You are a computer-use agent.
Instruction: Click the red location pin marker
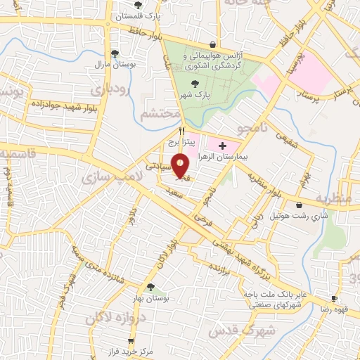pos(181,166)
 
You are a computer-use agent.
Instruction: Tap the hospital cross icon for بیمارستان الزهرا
pos(223,146)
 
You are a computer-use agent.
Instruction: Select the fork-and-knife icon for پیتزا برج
pos(182,130)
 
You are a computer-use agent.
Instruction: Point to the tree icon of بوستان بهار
pos(150,286)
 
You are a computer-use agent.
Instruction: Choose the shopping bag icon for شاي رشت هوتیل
pos(300,205)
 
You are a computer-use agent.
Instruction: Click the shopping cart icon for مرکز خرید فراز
pos(110,341)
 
